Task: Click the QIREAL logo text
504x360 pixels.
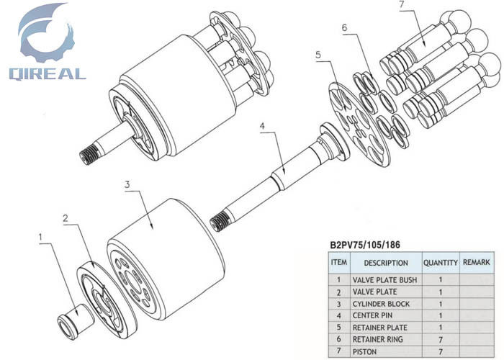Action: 48,73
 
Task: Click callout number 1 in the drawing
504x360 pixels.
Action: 41,237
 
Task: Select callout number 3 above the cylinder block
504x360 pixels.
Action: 127,184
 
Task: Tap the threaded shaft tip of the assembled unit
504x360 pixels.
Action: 89,153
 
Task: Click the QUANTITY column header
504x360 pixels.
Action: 440,263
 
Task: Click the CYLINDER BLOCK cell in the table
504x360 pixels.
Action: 381,304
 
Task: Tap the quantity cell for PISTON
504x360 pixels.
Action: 440,350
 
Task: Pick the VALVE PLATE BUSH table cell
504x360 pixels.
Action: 384,279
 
